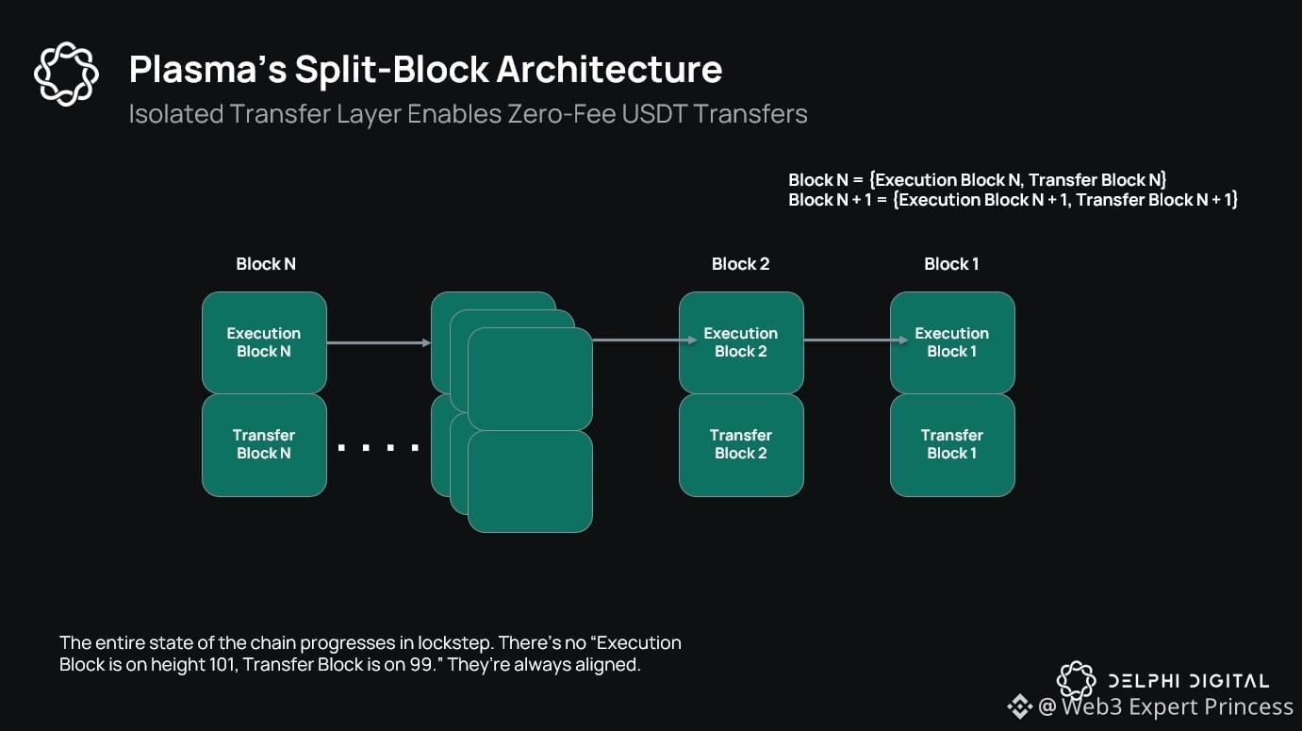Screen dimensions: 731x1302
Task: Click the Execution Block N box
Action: click(x=264, y=342)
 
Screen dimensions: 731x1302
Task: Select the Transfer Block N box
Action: click(x=264, y=444)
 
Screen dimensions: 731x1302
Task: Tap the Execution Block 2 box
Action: click(x=741, y=342)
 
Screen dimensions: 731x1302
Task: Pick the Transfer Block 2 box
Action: click(x=741, y=444)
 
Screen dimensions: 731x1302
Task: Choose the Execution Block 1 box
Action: click(x=952, y=342)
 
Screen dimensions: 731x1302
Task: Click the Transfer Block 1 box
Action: click(x=952, y=444)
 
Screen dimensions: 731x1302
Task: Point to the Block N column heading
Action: click(x=266, y=264)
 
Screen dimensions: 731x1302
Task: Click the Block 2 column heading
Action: click(x=741, y=264)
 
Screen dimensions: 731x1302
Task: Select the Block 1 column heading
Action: click(x=951, y=264)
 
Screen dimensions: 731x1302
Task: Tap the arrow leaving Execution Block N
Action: click(x=378, y=342)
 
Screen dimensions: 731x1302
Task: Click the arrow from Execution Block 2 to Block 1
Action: click(x=847, y=341)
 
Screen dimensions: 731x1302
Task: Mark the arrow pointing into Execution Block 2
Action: click(x=635, y=341)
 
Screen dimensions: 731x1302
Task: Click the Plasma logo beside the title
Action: click(x=66, y=74)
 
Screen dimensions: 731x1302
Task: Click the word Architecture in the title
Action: click(x=609, y=70)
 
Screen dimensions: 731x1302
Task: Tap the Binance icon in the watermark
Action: click(x=1020, y=706)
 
